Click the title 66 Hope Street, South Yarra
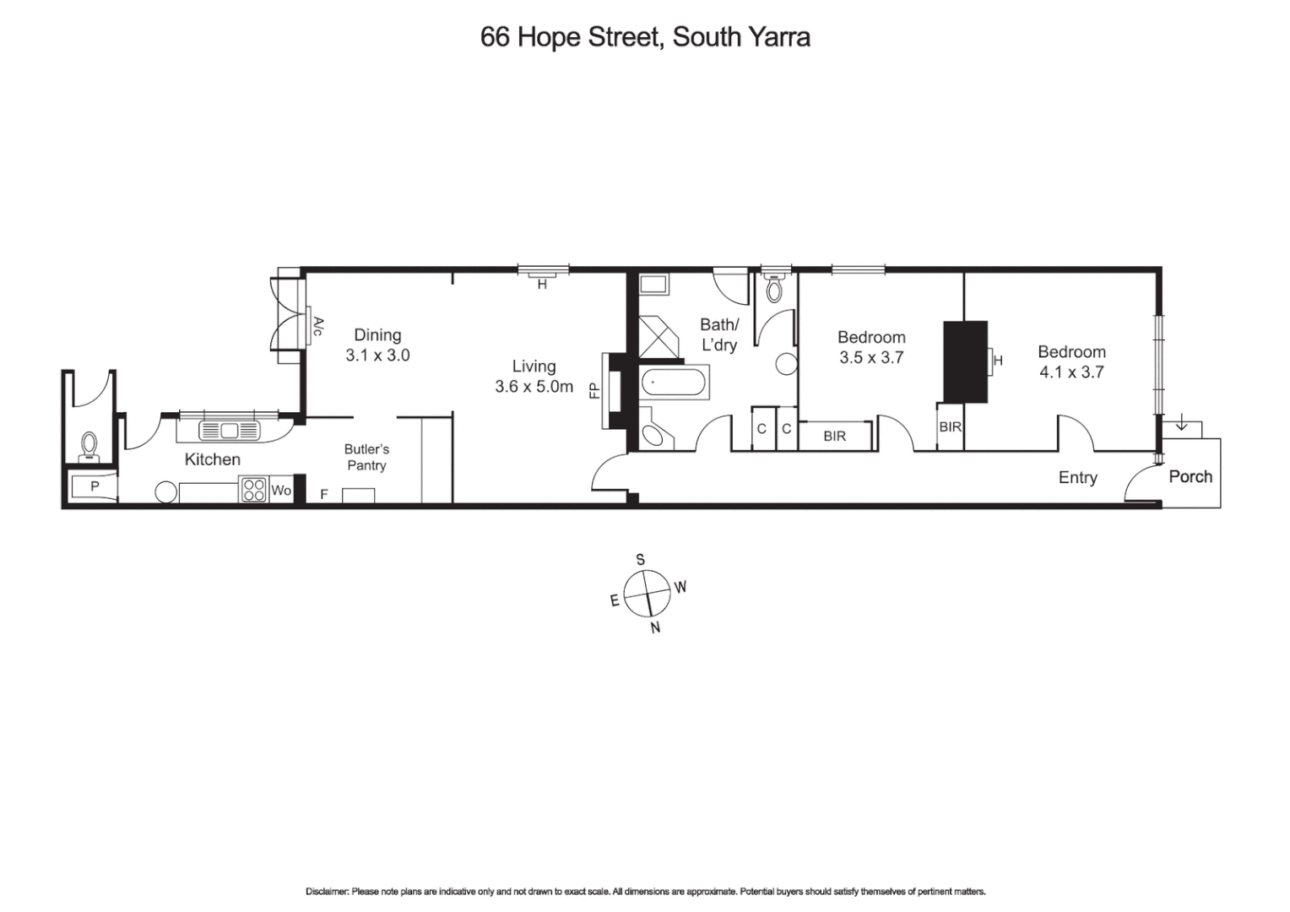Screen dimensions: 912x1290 tap(645, 37)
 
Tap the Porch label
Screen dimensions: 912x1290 tap(1190, 476)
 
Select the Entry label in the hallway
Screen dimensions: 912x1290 tap(1077, 477)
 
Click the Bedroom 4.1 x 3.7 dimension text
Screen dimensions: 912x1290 tap(1071, 372)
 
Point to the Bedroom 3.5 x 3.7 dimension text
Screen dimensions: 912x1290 tap(871, 357)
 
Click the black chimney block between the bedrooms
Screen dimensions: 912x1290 tap(965, 361)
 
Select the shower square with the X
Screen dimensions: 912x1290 tap(659, 337)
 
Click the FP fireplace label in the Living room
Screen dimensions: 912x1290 tap(594, 391)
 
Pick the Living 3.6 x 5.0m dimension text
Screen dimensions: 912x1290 tap(534, 388)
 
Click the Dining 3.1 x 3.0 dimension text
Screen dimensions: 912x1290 tap(377, 356)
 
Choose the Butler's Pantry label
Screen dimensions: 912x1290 tap(366, 457)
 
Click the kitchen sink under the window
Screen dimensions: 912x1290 tap(229, 431)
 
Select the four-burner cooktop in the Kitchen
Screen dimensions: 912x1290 tap(254, 490)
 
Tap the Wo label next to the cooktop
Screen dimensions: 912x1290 tap(280, 491)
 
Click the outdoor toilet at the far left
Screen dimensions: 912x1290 tap(89, 445)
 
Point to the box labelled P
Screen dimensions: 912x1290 tap(94, 487)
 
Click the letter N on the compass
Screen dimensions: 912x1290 tap(655, 627)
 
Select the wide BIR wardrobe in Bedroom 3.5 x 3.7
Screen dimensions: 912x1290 tap(834, 437)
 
